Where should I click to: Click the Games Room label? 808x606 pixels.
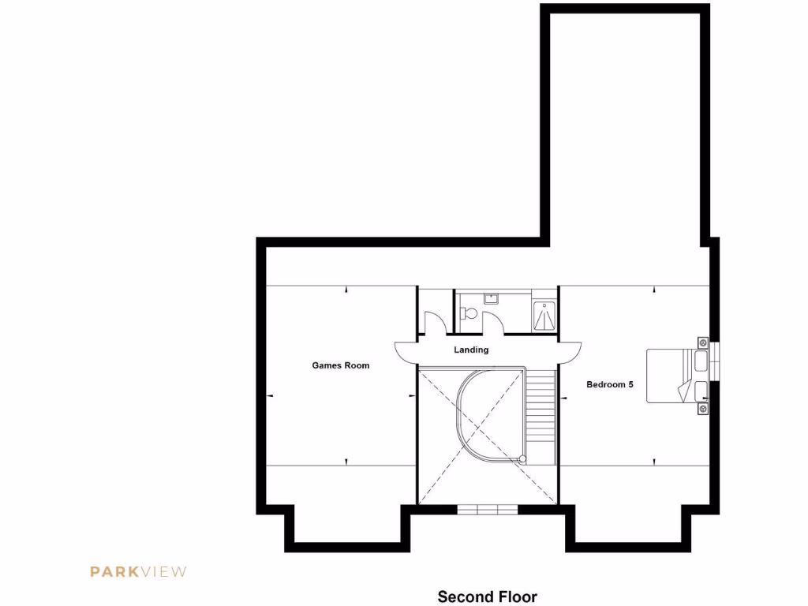340,365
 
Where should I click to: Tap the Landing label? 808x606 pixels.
471,350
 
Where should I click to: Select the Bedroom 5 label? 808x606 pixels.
610,385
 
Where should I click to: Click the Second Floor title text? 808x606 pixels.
487,597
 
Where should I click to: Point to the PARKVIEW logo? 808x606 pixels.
138,571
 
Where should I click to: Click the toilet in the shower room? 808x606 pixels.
469,313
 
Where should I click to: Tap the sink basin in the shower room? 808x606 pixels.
490,298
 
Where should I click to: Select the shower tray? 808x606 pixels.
544,316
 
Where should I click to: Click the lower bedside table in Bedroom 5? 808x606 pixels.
701,409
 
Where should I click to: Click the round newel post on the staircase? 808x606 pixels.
522,458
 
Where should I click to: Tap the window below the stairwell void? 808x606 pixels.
488,510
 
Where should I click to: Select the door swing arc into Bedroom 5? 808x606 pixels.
570,353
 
